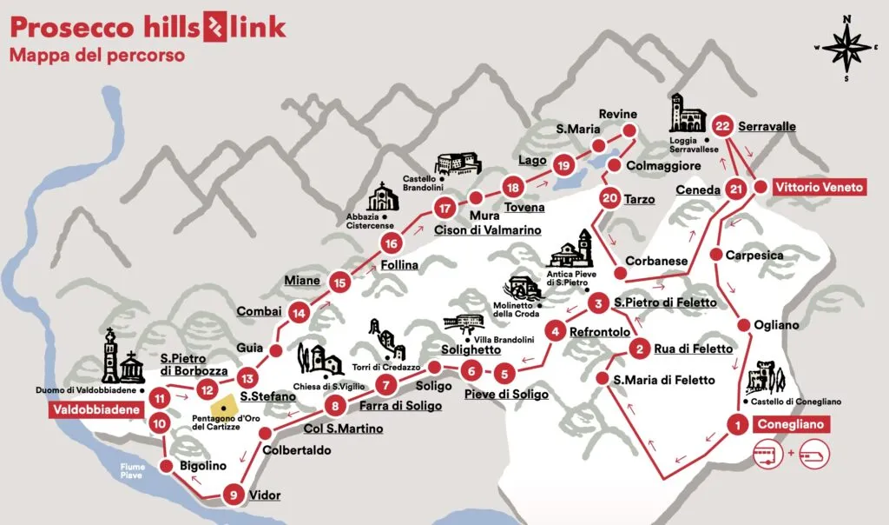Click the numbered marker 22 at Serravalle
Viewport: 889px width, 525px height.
[x=722, y=126]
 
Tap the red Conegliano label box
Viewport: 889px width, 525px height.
[x=790, y=425]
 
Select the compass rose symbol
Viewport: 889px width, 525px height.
[x=846, y=47]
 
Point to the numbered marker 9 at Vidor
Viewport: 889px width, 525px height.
[x=232, y=495]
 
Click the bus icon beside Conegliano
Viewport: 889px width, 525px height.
[x=769, y=455]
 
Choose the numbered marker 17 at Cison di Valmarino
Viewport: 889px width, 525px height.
[x=445, y=208]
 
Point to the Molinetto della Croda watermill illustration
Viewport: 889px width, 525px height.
[x=523, y=289]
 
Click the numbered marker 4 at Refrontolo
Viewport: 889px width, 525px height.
[x=556, y=331]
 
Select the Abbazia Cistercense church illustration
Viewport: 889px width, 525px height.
[x=382, y=199]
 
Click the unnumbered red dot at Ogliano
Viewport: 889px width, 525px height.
[x=744, y=325]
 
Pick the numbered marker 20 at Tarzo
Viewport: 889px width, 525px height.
[x=609, y=199]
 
